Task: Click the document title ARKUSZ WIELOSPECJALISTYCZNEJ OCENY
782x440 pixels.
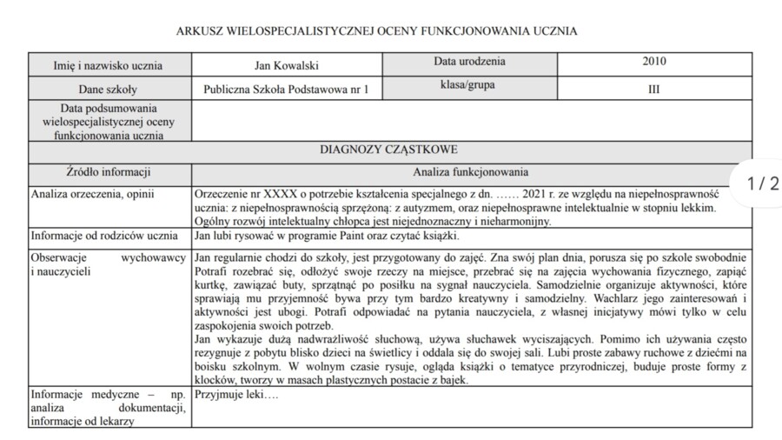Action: pos(376,31)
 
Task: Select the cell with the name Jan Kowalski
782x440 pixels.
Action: pos(286,65)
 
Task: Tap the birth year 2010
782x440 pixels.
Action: pos(654,63)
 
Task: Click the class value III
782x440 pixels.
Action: pos(654,89)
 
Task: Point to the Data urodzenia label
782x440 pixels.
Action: pos(469,63)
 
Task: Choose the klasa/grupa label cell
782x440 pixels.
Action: pos(469,86)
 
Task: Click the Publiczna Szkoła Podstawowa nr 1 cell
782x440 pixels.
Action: pos(286,89)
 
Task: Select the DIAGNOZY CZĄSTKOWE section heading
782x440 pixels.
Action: pos(388,150)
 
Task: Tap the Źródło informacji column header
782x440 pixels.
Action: pos(109,172)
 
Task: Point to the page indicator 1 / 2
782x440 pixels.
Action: pos(763,183)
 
